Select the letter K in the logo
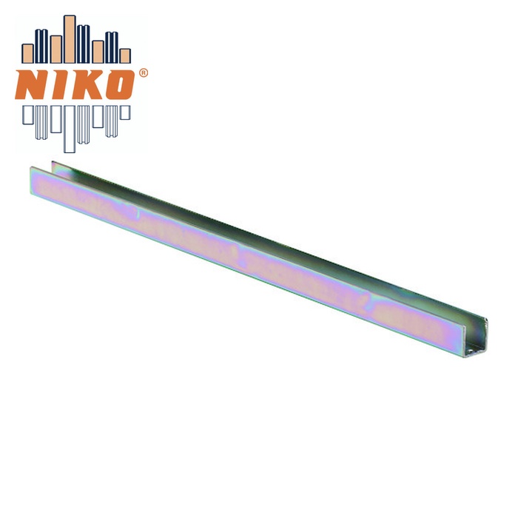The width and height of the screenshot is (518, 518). coord(87,84)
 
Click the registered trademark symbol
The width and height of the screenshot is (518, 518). coord(144,73)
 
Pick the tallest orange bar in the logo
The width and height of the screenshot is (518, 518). coord(70,39)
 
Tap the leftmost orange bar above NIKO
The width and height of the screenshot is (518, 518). coord(27,53)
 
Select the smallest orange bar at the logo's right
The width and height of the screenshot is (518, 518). coord(125,55)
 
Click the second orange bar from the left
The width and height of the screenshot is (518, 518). coord(55,50)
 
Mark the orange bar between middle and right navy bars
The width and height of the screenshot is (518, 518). coord(98,52)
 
